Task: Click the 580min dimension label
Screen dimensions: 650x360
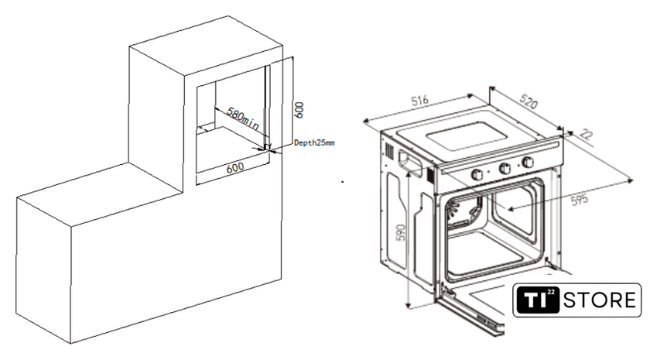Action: pyautogui.click(x=243, y=118)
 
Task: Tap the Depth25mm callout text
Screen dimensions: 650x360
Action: pyautogui.click(x=314, y=143)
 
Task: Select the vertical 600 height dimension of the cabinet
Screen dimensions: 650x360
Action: pyautogui.click(x=299, y=110)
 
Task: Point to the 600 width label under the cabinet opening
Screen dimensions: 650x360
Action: pyautogui.click(x=235, y=168)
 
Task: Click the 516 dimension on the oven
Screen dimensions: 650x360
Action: pyautogui.click(x=419, y=101)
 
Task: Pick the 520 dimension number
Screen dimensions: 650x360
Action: pyautogui.click(x=528, y=100)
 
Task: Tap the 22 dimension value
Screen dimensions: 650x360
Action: pyautogui.click(x=587, y=135)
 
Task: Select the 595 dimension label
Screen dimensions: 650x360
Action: pyautogui.click(x=580, y=200)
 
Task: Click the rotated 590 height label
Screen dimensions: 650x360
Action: pyautogui.click(x=401, y=235)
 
